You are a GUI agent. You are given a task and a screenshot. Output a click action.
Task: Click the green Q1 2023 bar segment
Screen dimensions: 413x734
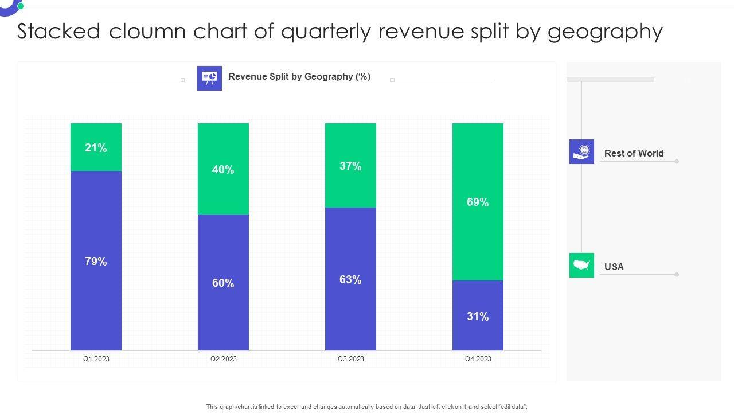pos(96,147)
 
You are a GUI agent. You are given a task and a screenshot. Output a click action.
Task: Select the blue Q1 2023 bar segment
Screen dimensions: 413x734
pos(96,261)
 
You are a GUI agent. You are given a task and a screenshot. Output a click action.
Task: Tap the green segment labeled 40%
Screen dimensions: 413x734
pos(223,169)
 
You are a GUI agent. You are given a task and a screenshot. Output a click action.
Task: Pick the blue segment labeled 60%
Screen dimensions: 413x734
pos(223,283)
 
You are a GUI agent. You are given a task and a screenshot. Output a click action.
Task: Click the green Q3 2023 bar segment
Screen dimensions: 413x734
pos(350,166)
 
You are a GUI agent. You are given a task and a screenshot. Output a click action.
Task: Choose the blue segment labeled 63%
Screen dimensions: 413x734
pos(350,279)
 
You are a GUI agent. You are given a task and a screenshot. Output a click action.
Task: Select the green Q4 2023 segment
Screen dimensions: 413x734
pos(478,202)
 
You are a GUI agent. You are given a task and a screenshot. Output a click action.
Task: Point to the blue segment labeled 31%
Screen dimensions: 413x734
pos(478,316)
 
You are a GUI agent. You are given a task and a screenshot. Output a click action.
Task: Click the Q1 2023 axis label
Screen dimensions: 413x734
pos(96,359)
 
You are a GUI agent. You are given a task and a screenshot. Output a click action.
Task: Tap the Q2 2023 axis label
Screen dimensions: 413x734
pos(223,359)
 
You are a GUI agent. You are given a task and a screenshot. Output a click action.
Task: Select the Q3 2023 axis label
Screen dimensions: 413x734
pos(350,359)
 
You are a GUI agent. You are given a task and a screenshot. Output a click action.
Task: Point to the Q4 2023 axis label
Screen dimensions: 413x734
pos(478,359)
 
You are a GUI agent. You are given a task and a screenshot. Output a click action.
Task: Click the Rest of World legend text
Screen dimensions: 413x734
pos(634,153)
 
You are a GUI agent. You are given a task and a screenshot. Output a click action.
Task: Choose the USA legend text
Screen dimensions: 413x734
pos(614,267)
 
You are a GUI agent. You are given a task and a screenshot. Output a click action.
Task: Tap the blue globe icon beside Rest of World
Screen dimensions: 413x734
pos(581,151)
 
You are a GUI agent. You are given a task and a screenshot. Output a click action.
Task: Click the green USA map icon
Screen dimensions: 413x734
pos(581,265)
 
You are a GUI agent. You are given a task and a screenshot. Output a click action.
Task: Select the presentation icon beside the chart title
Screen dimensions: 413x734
pos(209,78)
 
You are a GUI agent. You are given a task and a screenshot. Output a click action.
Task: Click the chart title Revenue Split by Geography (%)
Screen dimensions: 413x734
pos(299,77)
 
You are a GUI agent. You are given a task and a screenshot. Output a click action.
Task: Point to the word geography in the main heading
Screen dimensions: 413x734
pos(605,32)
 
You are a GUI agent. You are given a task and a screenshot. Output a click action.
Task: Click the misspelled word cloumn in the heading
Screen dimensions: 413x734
pos(148,32)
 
